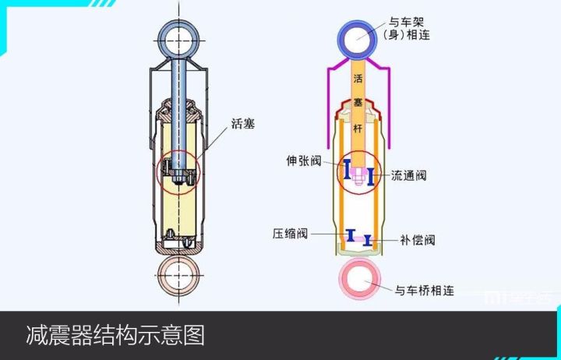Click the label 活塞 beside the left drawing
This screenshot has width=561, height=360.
tap(244, 122)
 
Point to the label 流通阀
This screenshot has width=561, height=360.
tap(408, 175)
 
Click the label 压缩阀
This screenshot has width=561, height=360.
tap(290, 233)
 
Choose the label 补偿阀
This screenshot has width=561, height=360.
tap(418, 240)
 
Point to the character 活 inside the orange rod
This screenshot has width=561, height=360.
tap(358, 79)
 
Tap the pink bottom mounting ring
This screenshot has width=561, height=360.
tap(358, 279)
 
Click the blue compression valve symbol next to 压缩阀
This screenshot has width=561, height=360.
tap(351, 235)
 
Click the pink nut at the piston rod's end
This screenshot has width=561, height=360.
tap(358, 177)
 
